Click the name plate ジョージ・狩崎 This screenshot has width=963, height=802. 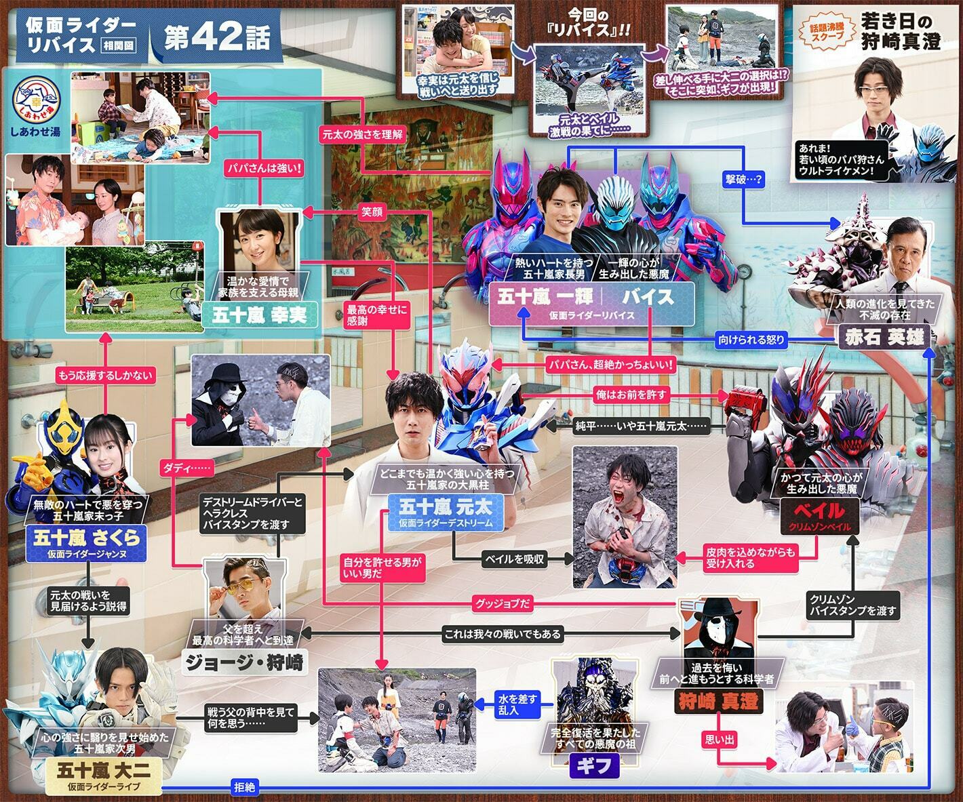[245, 661]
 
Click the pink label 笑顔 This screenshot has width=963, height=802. [372, 212]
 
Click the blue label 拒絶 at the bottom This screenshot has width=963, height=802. [244, 787]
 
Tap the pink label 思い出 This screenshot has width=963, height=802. [720, 740]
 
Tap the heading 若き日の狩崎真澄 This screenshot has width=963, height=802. [901, 32]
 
